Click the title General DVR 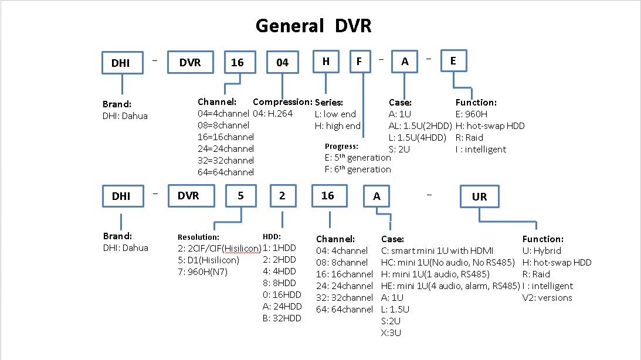click(314, 26)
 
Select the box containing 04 click(283, 62)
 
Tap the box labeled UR click(479, 197)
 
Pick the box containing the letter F click(364, 62)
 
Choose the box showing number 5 click(240, 196)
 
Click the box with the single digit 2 click(282, 196)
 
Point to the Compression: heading click(282, 102)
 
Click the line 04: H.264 click(273, 114)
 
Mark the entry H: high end click(338, 125)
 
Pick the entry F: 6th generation click(358, 169)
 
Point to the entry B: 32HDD click(283, 318)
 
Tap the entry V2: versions click(547, 297)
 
